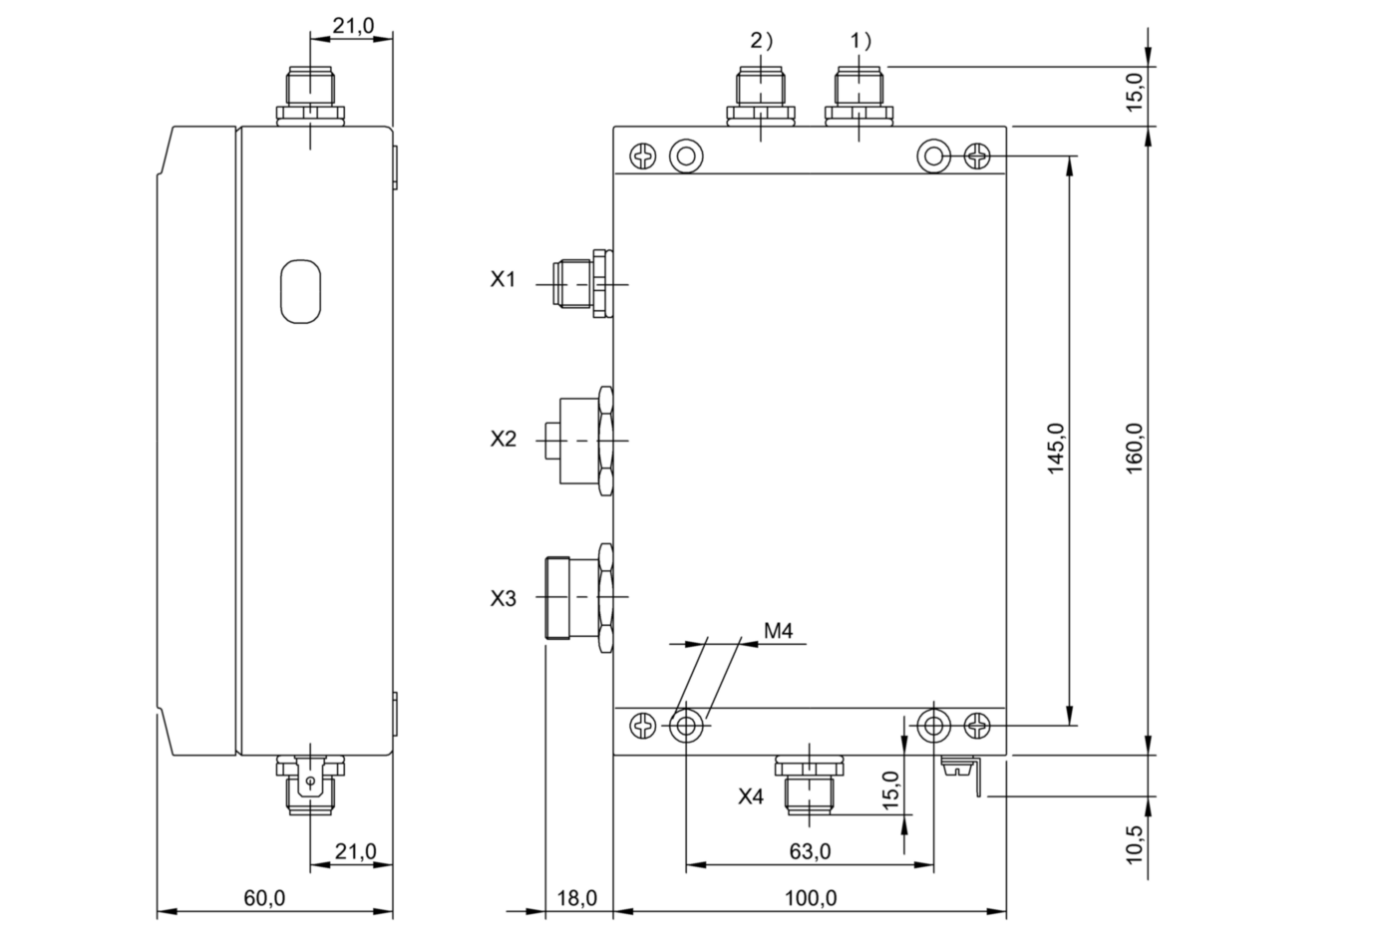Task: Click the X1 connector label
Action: pyautogui.click(x=503, y=280)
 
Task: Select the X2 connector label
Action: pyautogui.click(x=504, y=439)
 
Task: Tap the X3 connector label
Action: pyautogui.click(x=504, y=598)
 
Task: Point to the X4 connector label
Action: pyautogui.click(x=751, y=796)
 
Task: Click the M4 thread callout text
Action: pyautogui.click(x=779, y=631)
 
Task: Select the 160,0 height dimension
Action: pyautogui.click(x=1135, y=449)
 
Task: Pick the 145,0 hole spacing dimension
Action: pyautogui.click(x=1056, y=449)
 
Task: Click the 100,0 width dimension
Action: pyautogui.click(x=811, y=898)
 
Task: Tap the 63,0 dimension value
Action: pyautogui.click(x=810, y=851)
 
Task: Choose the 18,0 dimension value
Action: pyautogui.click(x=576, y=898)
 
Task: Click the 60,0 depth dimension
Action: pyautogui.click(x=265, y=898)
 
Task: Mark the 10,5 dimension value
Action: pyautogui.click(x=1135, y=844)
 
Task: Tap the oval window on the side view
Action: pyautogui.click(x=300, y=291)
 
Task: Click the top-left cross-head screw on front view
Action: pyautogui.click(x=642, y=157)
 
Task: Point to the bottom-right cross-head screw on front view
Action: pyautogui.click(x=977, y=727)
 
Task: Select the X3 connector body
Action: pyautogui.click(x=579, y=597)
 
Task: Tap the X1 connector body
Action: pyautogui.click(x=582, y=284)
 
